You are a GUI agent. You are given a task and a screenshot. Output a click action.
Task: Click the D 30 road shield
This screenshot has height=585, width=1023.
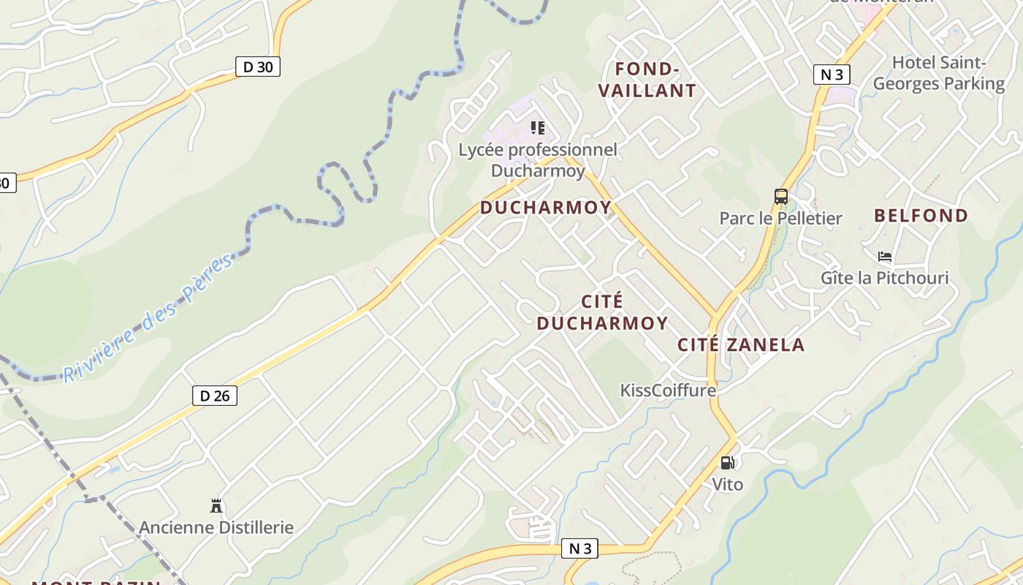258,67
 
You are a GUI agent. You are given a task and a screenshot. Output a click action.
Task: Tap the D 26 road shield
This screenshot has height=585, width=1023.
215,396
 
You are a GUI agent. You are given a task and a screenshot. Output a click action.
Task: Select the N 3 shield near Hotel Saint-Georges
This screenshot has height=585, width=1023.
832,74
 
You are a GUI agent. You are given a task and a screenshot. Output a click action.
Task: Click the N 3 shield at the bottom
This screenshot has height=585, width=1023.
580,548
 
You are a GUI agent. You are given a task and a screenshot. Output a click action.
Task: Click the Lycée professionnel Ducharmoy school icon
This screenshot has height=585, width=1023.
539,129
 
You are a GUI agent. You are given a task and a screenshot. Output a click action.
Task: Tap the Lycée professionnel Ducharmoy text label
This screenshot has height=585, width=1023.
538,160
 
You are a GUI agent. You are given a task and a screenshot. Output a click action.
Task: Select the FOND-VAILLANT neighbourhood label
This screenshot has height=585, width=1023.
647,80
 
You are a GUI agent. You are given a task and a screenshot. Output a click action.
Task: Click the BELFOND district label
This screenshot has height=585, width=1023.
921,216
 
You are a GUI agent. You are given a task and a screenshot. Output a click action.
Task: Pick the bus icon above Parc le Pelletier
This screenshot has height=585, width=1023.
781,196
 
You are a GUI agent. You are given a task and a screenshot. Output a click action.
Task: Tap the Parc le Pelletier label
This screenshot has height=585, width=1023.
780,218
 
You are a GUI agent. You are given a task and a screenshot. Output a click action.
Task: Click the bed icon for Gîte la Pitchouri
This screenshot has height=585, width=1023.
885,257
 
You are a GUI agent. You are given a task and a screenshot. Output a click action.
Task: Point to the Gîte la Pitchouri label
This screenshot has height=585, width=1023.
884,278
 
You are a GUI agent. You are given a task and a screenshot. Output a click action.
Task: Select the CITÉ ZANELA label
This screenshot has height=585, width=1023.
741,345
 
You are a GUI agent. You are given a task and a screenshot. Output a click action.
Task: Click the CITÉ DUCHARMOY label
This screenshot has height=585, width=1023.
603,312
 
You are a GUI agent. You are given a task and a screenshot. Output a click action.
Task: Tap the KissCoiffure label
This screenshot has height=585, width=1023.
668,390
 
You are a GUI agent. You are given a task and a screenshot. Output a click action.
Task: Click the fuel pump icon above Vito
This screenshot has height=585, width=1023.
727,462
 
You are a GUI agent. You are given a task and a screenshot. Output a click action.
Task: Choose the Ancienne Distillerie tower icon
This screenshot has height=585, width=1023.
216,505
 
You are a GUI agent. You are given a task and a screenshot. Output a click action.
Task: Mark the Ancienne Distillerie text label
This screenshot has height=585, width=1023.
216,527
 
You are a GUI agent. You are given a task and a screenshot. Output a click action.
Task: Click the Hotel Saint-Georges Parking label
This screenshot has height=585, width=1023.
939,73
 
